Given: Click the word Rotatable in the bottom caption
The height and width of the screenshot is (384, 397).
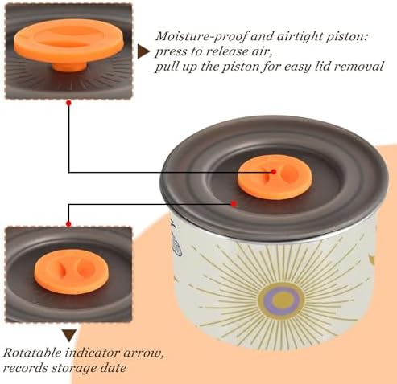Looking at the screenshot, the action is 32,353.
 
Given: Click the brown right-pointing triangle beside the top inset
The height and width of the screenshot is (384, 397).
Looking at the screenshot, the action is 143,51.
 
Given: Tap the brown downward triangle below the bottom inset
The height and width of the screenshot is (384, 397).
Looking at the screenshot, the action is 69,336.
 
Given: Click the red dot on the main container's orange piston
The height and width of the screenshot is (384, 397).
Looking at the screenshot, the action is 274,172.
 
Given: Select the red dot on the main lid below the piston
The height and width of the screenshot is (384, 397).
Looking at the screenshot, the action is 234,204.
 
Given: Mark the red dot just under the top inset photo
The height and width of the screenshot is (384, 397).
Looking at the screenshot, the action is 68,103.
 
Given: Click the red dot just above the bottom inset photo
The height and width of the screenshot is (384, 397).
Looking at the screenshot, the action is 68,224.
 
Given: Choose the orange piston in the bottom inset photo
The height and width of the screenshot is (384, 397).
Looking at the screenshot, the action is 71,272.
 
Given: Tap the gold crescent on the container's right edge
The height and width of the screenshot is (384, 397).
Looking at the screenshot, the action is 371,259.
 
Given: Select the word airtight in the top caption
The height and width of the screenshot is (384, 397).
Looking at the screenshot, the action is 300,37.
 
